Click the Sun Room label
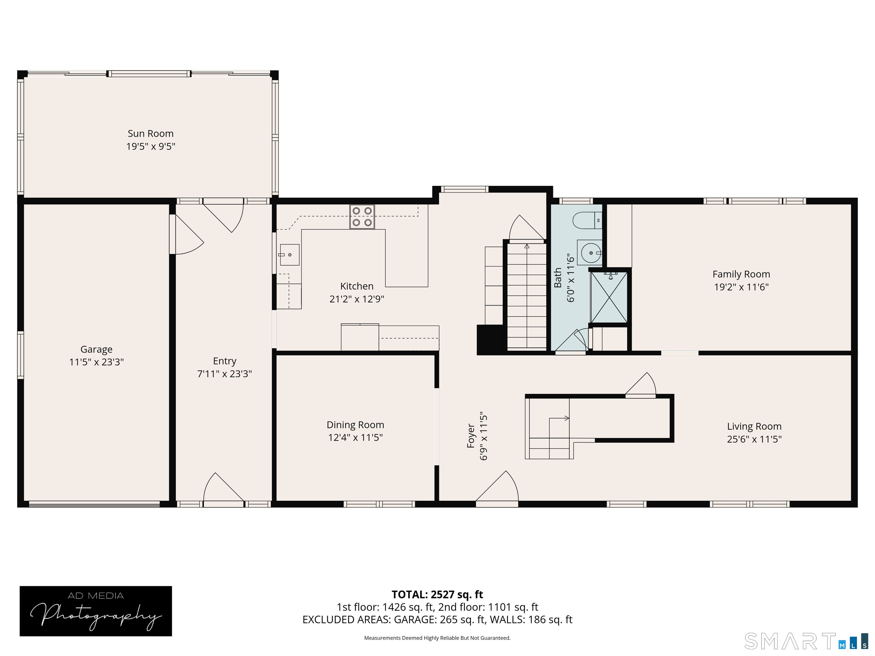(x=150, y=134)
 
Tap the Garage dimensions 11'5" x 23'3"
(x=97, y=362)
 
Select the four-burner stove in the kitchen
(x=362, y=217)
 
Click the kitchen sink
(x=290, y=255)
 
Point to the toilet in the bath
(x=587, y=221)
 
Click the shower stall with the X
(x=609, y=297)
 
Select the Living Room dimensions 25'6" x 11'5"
(x=754, y=439)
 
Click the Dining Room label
(x=355, y=425)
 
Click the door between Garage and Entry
(x=187, y=234)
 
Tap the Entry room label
(x=225, y=361)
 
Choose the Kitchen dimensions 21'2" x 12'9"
(x=357, y=299)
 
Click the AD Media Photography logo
(x=96, y=611)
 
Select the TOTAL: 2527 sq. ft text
(x=437, y=594)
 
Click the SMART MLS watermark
(x=806, y=641)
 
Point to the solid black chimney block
(x=490, y=339)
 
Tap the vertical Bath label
(x=558, y=278)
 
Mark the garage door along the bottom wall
(x=94, y=504)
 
